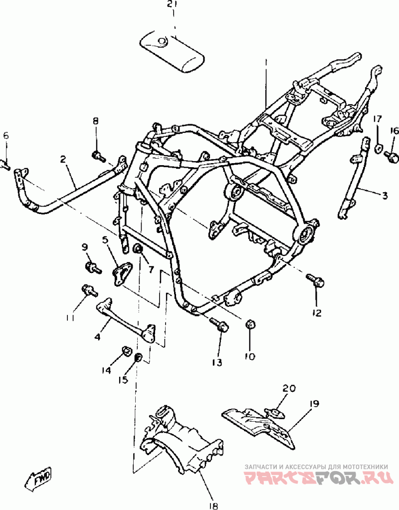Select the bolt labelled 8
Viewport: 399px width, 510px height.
(x=98, y=156)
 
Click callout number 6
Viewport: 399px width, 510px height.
(x=6, y=136)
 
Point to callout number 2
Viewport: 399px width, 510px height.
(x=63, y=159)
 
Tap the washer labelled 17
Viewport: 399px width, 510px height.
(x=378, y=148)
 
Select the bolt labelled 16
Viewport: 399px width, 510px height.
(x=392, y=157)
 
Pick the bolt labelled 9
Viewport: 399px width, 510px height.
(x=92, y=267)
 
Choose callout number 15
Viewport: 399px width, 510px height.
(x=123, y=379)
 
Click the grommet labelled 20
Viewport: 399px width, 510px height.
(x=274, y=412)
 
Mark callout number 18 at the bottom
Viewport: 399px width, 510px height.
(x=214, y=505)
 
